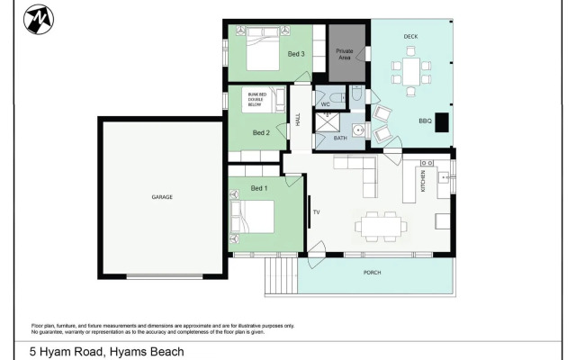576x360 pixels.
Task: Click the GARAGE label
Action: click(162, 196)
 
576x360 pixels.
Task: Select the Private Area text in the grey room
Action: click(345, 55)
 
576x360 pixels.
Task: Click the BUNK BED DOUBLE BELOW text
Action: click(260, 97)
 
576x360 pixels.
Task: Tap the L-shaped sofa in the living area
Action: click(361, 174)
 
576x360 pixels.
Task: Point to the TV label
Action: click(316, 213)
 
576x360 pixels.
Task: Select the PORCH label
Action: click(373, 272)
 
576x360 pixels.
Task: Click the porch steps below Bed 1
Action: click(280, 277)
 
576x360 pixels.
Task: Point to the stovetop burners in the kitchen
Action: click(444, 177)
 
